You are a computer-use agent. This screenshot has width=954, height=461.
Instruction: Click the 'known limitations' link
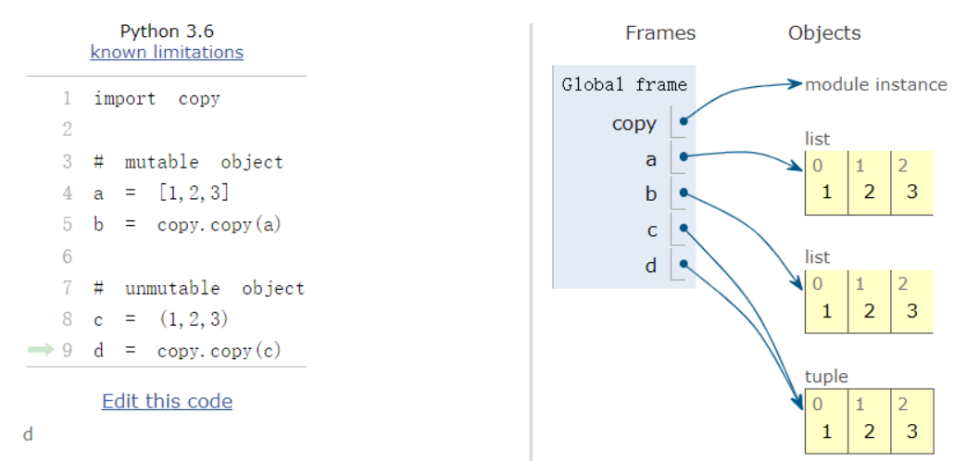(167, 53)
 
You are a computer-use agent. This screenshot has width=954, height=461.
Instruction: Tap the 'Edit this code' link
(168, 402)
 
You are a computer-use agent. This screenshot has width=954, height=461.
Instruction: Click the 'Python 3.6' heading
(167, 31)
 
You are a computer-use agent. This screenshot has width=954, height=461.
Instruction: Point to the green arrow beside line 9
(41, 350)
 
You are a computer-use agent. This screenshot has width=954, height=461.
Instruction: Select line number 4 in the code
(67, 193)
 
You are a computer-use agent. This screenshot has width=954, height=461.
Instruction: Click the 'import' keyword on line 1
(125, 99)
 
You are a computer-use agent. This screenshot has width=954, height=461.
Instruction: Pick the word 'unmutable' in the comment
(172, 288)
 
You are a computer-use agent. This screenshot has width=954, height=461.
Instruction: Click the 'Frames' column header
(660, 32)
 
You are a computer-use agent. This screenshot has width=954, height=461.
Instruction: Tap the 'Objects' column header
(824, 32)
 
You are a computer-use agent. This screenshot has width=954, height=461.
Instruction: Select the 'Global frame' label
(624, 84)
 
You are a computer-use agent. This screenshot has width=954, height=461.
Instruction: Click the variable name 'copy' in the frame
(634, 123)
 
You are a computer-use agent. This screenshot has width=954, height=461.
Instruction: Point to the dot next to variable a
(684, 157)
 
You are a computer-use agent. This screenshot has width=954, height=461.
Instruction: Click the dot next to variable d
(684, 265)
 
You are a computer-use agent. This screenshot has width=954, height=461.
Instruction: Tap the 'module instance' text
(876, 84)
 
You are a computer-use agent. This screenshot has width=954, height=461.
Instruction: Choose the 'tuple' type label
(826, 377)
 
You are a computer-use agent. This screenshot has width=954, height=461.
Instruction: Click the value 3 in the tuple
(911, 430)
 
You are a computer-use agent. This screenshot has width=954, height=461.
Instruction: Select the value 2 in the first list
(869, 193)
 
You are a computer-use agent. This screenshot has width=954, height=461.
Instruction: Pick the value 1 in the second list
(826, 311)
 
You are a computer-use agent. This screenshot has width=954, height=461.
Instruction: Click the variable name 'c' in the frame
(652, 231)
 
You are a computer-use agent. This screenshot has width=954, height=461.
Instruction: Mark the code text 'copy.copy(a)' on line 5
(219, 225)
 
